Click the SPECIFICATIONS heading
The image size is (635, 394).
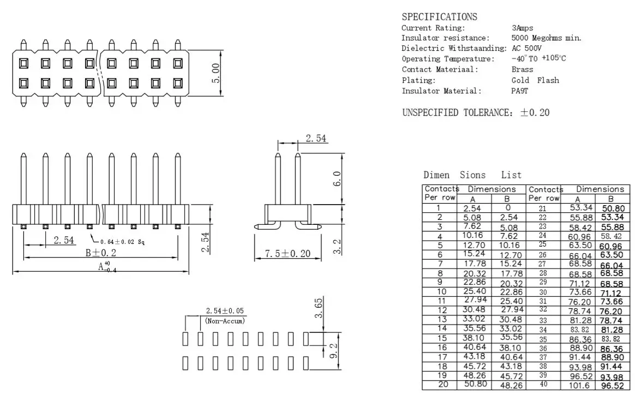point(439,16)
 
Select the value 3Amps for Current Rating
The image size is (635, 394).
point(523,28)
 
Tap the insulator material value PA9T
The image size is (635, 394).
point(519,91)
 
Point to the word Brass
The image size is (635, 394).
point(523,69)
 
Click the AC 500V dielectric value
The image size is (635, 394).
point(526,48)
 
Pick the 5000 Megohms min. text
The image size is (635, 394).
point(546,38)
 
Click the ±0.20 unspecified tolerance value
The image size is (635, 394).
point(535,112)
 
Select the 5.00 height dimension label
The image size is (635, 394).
point(216,73)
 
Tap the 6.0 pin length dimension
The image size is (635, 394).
point(337,178)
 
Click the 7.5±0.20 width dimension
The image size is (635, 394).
point(287,254)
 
